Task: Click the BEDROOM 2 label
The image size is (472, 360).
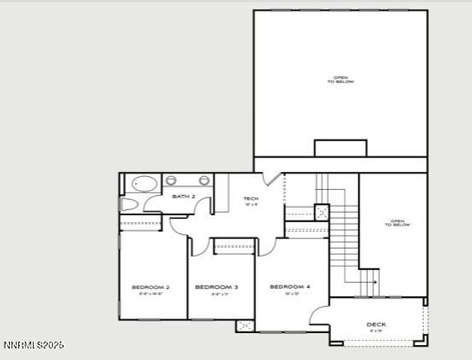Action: [x=151, y=287]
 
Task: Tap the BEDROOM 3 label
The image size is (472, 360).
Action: [x=217, y=287]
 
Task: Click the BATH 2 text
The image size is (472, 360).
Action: [x=184, y=196]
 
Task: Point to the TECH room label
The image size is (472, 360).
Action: [x=251, y=199]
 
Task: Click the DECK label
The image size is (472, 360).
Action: [x=376, y=325]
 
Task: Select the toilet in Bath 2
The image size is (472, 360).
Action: [x=129, y=204]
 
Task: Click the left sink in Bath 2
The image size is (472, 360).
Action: [x=171, y=180]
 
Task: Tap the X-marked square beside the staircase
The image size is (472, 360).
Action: [x=321, y=211]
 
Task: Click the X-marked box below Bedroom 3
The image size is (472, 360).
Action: [x=245, y=325]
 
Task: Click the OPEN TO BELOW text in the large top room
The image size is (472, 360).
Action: [x=340, y=79]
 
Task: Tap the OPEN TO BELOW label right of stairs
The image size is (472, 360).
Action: [x=397, y=223]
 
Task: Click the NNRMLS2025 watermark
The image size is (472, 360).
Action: [x=34, y=346]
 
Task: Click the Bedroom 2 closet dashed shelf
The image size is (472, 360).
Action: [x=141, y=223]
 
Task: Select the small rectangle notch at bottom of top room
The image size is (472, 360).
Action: [x=340, y=148]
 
